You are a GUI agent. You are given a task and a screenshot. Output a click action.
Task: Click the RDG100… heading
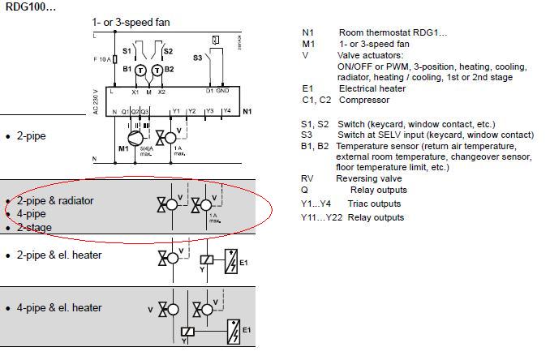(x=28, y=6)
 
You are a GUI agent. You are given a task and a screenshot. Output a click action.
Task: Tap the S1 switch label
(x=127, y=51)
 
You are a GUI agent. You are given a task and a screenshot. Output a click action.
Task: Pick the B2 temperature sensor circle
(x=157, y=70)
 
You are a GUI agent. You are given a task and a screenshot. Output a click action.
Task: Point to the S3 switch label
(x=197, y=58)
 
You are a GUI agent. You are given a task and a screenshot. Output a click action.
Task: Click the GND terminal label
(x=222, y=91)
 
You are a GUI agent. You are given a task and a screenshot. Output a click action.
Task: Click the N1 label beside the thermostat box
(x=247, y=111)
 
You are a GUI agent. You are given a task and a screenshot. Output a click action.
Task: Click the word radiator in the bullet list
(x=72, y=200)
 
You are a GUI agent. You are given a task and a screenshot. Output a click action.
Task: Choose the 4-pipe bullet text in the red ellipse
(x=32, y=214)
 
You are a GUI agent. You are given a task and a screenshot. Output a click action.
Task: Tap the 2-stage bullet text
(x=35, y=228)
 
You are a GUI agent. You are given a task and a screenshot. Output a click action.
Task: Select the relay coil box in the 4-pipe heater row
(x=188, y=332)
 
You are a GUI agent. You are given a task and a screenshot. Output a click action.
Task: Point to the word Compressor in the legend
(x=366, y=100)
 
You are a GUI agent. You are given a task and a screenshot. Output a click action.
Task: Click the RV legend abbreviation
(x=307, y=178)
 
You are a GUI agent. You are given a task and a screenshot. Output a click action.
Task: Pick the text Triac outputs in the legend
(x=376, y=204)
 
